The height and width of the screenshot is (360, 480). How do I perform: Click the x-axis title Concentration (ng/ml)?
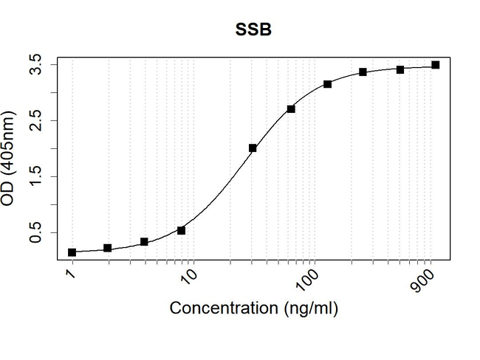[x=253, y=308]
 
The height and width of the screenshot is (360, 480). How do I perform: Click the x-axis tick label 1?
[x=70, y=274]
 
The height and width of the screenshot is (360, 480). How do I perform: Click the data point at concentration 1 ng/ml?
[x=72, y=252]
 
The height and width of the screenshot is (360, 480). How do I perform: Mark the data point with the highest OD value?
[x=436, y=65]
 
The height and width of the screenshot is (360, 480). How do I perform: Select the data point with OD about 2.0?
[x=253, y=148]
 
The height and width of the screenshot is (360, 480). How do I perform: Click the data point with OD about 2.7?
[x=291, y=108]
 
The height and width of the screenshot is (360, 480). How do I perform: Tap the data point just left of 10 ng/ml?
[x=181, y=230]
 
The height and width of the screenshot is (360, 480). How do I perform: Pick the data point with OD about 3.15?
[x=328, y=84]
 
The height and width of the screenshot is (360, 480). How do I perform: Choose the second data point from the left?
[x=108, y=248]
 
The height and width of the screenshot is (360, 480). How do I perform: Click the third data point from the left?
[x=144, y=242]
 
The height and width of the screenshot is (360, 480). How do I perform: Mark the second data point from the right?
[x=400, y=69]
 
